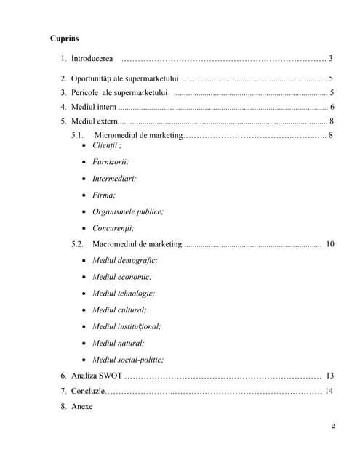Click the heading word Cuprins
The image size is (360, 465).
(x=65, y=37)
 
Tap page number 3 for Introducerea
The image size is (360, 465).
(x=330, y=58)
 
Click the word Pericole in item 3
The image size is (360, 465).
(x=85, y=92)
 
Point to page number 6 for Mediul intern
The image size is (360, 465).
(x=332, y=107)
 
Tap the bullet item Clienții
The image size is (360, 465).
(x=106, y=145)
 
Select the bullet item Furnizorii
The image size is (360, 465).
(x=110, y=162)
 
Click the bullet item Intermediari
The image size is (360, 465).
(x=113, y=178)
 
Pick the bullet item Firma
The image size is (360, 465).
(x=103, y=195)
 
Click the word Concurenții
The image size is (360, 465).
(x=113, y=227)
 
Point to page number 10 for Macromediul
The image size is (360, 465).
(x=330, y=244)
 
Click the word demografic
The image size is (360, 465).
(x=137, y=260)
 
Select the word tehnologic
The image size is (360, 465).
(x=136, y=294)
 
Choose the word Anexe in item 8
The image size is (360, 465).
(x=82, y=406)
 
